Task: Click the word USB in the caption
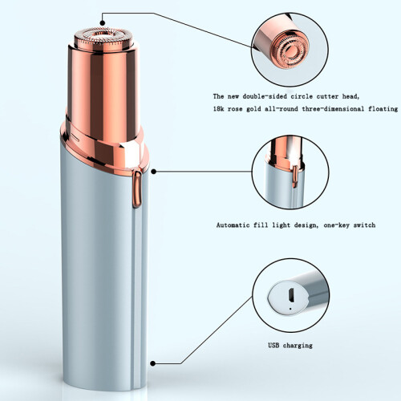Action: (x=273, y=345)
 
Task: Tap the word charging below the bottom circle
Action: (x=298, y=346)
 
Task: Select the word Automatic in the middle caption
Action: (x=233, y=225)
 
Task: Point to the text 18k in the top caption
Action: (x=219, y=109)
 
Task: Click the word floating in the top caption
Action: (x=383, y=109)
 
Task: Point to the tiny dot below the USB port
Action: (x=290, y=309)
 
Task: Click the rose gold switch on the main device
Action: (x=136, y=189)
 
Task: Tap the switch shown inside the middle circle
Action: (x=295, y=176)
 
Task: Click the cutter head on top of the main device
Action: (x=103, y=39)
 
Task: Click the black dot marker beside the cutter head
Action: (x=103, y=23)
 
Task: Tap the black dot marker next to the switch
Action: (x=153, y=172)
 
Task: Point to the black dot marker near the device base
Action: (x=153, y=363)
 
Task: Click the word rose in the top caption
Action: (x=235, y=109)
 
